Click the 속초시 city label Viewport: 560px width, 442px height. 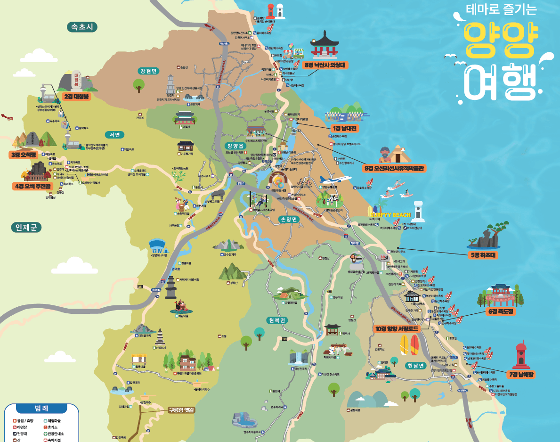pos(81,27)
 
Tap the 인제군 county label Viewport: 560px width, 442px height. pos(26,228)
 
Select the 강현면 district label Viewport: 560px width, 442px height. pos(148,71)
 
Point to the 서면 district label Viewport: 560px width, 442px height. pos(114,135)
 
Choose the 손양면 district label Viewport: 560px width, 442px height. pos(290,219)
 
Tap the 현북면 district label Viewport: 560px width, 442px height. pos(278,320)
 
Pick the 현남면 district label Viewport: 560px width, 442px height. pos(415,365)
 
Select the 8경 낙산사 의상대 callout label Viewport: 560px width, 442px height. pos(325,65)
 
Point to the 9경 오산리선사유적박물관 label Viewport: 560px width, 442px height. pos(394,168)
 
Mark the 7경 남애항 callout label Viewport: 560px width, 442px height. pos(521,375)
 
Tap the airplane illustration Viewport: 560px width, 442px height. pos(335,179)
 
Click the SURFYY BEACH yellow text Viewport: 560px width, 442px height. pos(390,215)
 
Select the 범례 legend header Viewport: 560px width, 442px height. pos(41,409)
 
